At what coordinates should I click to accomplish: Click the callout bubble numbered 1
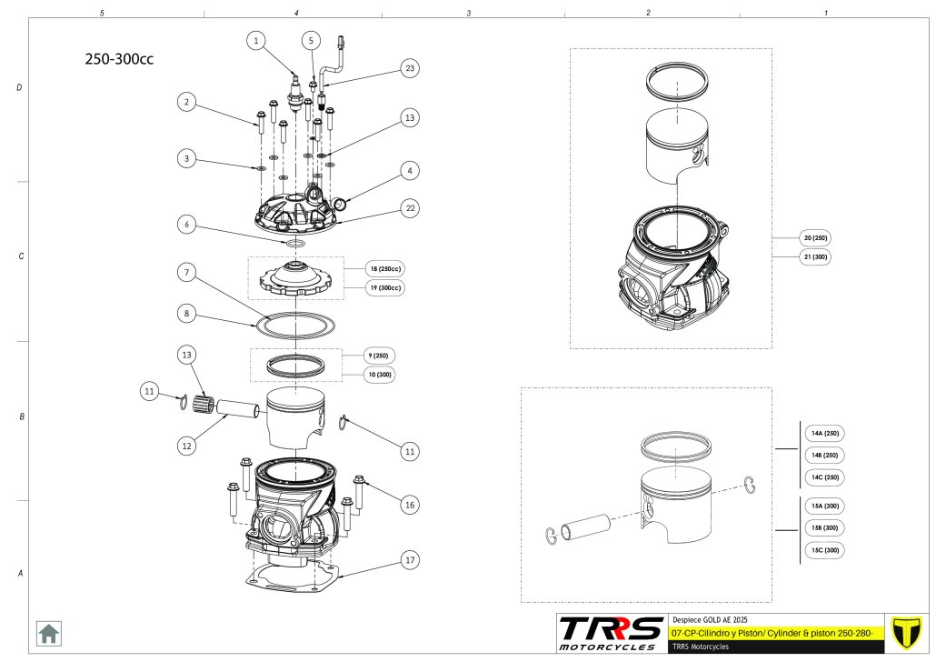pyautogui.click(x=256, y=41)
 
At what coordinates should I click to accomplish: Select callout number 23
pyautogui.click(x=411, y=68)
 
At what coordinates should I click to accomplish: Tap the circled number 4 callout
pyautogui.click(x=410, y=170)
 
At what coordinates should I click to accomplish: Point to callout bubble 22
pyautogui.click(x=410, y=208)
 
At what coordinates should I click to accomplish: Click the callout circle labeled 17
pyautogui.click(x=410, y=560)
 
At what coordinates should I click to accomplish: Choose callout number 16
pyautogui.click(x=410, y=504)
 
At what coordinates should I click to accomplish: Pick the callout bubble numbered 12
pyautogui.click(x=186, y=446)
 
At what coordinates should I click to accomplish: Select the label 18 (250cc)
pyautogui.click(x=385, y=269)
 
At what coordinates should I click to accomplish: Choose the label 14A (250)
pyautogui.click(x=824, y=434)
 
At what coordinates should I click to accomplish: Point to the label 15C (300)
pyautogui.click(x=824, y=550)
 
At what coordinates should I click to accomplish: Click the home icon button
pyautogui.click(x=48, y=632)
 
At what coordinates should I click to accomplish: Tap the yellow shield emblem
pyautogui.click(x=905, y=631)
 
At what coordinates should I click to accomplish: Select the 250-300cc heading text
pyautogui.click(x=119, y=59)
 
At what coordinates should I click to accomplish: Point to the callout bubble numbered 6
pyautogui.click(x=186, y=224)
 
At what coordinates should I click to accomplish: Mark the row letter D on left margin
pyautogui.click(x=20, y=88)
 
